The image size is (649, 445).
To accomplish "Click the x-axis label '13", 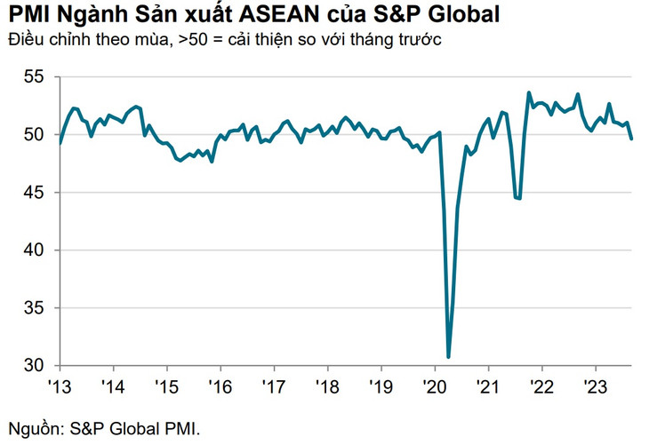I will point(60,386).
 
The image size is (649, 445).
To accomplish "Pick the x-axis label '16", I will point(220,386).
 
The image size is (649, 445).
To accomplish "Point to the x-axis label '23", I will point(595,386).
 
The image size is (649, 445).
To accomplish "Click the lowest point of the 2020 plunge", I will point(449,357).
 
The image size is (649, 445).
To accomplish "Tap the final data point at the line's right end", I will point(632,139).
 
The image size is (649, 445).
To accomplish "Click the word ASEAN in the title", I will point(292,15).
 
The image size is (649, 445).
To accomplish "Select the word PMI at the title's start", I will point(28,15).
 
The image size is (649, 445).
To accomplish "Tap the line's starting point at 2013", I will point(60,143).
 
